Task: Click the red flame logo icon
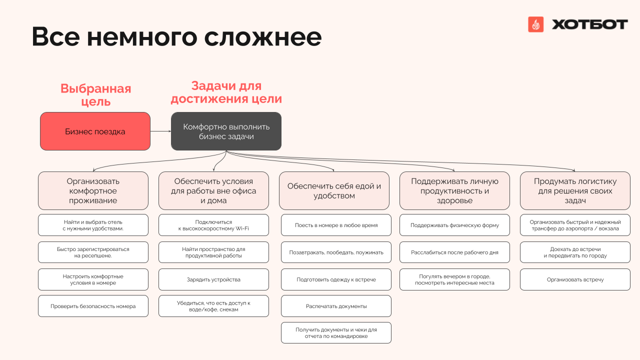click(x=535, y=24)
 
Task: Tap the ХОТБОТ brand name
click(x=589, y=24)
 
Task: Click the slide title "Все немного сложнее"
click(x=176, y=37)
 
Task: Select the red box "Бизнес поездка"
click(x=95, y=131)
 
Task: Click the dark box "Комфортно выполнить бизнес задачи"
click(x=226, y=131)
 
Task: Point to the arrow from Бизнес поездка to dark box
click(x=160, y=131)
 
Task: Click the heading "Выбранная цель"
click(x=95, y=95)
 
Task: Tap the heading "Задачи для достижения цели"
click(x=226, y=92)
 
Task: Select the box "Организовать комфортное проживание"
click(x=93, y=191)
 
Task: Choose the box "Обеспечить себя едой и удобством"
click(x=334, y=191)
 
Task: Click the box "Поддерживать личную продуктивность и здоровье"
click(x=454, y=191)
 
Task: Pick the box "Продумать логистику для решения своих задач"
click(x=575, y=191)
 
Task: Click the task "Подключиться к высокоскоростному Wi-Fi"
click(x=213, y=225)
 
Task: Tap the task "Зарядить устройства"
click(x=213, y=279)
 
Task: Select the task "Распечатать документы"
click(x=336, y=306)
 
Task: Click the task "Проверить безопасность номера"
click(x=93, y=306)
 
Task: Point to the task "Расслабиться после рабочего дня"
click(x=454, y=252)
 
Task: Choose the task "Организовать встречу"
click(x=575, y=279)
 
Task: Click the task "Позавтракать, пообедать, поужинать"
click(x=336, y=252)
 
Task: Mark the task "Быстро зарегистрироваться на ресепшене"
click(x=93, y=252)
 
